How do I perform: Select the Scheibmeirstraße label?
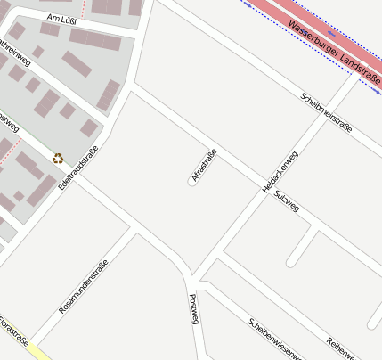tap(326, 111)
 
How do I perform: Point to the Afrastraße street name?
tap(204, 165)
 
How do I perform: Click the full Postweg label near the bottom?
tap(193, 307)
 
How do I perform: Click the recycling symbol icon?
tap(58, 159)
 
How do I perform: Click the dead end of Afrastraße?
tap(191, 183)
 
